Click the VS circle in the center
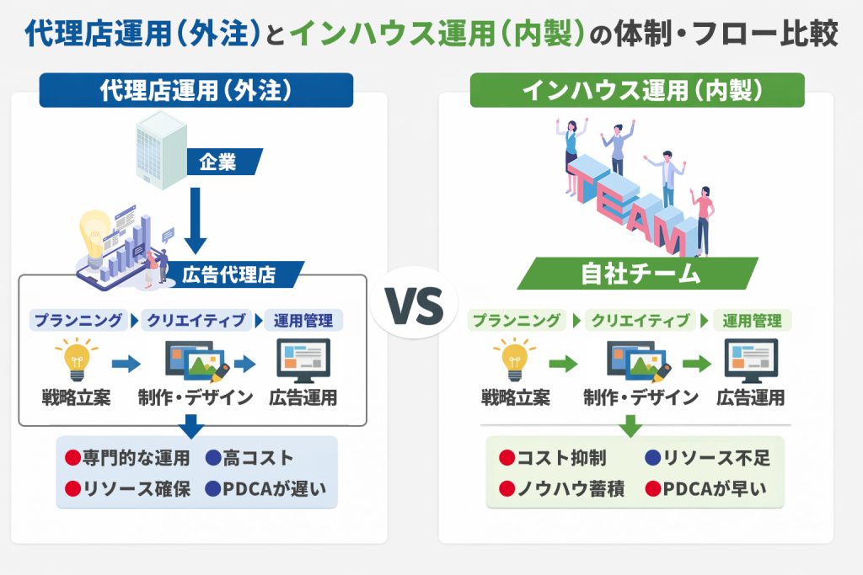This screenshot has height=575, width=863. pyautogui.click(x=414, y=303)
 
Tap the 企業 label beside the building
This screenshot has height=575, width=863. pyautogui.click(x=218, y=162)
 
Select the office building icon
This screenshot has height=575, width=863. pyautogui.click(x=161, y=150)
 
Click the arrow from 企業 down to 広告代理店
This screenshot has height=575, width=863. pyautogui.click(x=196, y=220)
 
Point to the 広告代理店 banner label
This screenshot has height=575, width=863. pyautogui.click(x=229, y=274)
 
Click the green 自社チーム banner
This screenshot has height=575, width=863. pyautogui.click(x=639, y=274)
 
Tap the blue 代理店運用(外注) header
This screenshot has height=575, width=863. pyautogui.click(x=196, y=90)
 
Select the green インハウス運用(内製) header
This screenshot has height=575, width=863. pyautogui.click(x=637, y=90)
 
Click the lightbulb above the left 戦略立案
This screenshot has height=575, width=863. pyautogui.click(x=77, y=359)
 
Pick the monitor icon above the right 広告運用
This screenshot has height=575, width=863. pyautogui.click(x=751, y=360)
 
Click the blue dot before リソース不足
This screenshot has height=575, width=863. pyautogui.click(x=653, y=458)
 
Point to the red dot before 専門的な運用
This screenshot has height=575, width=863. pyautogui.click(x=72, y=458)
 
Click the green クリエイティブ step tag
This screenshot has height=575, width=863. pyautogui.click(x=641, y=321)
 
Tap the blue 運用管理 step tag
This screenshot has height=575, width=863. pyautogui.click(x=303, y=321)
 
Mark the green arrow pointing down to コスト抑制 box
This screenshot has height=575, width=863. pyautogui.click(x=630, y=425)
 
